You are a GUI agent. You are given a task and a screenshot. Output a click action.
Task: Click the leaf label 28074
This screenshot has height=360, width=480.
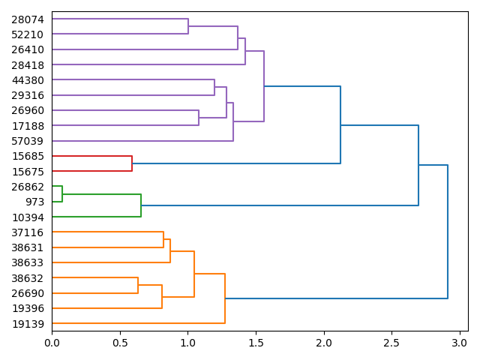point(28,19)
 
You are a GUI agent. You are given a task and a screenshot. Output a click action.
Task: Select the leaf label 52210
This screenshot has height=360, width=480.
point(28,34)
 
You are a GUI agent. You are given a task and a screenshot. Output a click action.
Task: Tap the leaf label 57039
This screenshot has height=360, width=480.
point(28,141)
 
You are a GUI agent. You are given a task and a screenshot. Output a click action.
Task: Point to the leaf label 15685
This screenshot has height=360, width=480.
point(28,156)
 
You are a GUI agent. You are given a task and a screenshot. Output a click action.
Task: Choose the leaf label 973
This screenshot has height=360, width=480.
point(34,202)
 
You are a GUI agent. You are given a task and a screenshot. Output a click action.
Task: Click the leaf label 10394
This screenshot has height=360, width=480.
point(28,217)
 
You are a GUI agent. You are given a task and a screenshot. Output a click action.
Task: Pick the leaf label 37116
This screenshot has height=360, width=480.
point(28,232)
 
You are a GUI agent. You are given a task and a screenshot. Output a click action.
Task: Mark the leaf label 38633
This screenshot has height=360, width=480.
point(28,263)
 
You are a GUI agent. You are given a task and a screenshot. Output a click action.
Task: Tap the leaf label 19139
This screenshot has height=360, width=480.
point(28,324)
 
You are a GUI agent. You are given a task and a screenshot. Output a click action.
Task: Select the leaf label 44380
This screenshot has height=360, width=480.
point(28,80)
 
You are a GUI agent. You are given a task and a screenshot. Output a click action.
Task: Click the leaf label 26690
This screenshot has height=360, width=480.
point(28,293)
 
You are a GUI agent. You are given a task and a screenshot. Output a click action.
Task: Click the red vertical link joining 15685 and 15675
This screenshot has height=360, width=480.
point(132,163)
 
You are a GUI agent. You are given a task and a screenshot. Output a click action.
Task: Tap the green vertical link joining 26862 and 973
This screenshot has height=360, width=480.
point(62,194)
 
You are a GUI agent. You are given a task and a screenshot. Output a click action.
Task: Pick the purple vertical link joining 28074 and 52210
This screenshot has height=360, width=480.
point(188,27)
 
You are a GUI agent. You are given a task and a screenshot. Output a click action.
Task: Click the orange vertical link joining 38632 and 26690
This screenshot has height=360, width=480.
point(138,286)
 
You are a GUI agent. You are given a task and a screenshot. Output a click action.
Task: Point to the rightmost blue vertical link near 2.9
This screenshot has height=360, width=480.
point(448,232)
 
